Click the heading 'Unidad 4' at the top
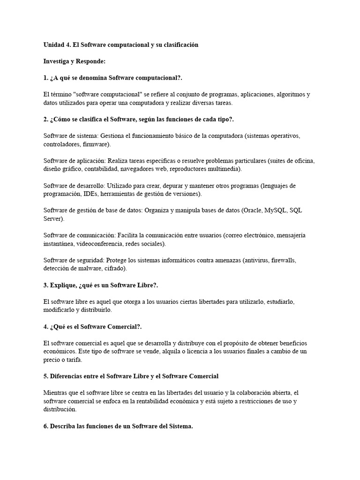(x=59, y=45)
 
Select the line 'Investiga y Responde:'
(x=75, y=61)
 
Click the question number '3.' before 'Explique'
(x=46, y=285)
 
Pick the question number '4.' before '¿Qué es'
(x=46, y=326)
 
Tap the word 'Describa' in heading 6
(x=64, y=426)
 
